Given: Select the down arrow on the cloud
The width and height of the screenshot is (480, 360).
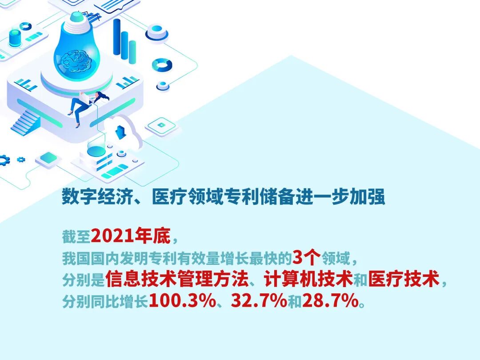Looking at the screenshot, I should point(120,132).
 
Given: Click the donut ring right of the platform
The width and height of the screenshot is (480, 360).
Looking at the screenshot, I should point(162,65).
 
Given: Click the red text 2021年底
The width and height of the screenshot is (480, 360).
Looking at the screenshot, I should point(131,237).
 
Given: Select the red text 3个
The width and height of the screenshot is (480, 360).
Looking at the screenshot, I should point(307,258).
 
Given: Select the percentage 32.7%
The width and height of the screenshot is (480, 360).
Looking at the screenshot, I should point(258,301).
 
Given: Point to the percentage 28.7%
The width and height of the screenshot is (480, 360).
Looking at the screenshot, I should point(330,301).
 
